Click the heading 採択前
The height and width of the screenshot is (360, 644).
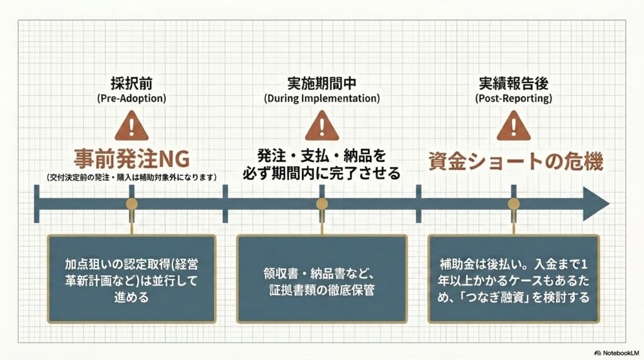click(x=131, y=84)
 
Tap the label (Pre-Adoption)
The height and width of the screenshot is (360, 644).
click(x=131, y=99)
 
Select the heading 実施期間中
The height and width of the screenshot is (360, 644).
click(x=321, y=84)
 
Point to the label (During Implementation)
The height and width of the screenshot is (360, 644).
click(x=321, y=99)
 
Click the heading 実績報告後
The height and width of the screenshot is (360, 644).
click(x=513, y=84)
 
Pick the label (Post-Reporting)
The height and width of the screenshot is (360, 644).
click(x=513, y=99)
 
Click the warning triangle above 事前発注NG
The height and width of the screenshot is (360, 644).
click(x=131, y=126)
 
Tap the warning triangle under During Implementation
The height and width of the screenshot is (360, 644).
click(x=321, y=126)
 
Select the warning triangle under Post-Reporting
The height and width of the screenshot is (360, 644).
click(x=513, y=126)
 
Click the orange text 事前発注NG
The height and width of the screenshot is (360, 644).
click(x=131, y=159)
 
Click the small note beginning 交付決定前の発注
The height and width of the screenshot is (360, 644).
click(x=131, y=177)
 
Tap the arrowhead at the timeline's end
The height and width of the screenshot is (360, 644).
click(x=596, y=204)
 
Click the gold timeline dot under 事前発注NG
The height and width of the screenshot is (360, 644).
click(x=131, y=204)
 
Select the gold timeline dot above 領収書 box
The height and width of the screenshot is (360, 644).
click(x=321, y=204)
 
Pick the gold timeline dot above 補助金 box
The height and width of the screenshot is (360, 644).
click(x=513, y=204)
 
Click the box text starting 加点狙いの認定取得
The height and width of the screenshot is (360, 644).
click(x=131, y=280)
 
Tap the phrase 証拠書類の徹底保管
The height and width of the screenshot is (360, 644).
click(x=321, y=290)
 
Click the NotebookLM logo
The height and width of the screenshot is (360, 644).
click(x=617, y=353)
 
